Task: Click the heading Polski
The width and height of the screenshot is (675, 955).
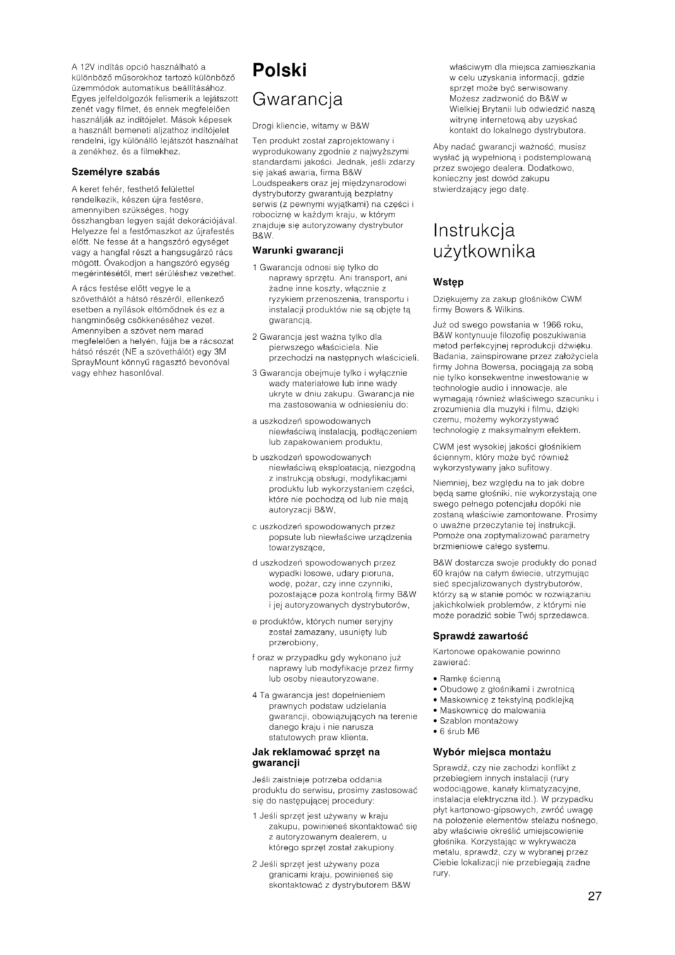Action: pos(279,70)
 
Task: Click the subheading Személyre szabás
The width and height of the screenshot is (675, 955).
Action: pos(115,172)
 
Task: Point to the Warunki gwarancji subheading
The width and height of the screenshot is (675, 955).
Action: pos(298,250)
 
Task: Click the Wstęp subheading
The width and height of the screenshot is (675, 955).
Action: pos(448,282)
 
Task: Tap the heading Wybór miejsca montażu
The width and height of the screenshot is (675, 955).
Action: pos(492,752)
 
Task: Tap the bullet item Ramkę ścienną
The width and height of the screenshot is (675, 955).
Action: pos(470,679)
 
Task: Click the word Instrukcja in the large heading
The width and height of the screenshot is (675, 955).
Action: pos(474,231)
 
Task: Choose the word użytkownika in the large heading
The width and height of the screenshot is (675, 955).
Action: pos(484,252)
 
